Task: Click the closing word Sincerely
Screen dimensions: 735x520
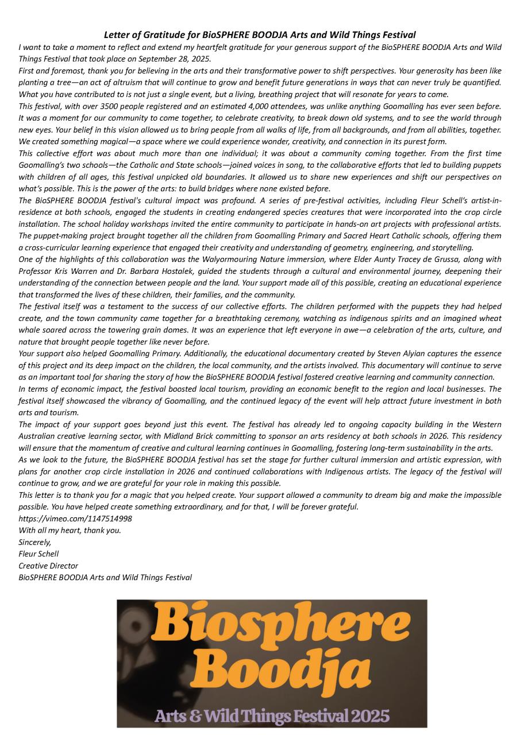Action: [34, 542]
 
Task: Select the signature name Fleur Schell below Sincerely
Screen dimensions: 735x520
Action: [38, 554]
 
